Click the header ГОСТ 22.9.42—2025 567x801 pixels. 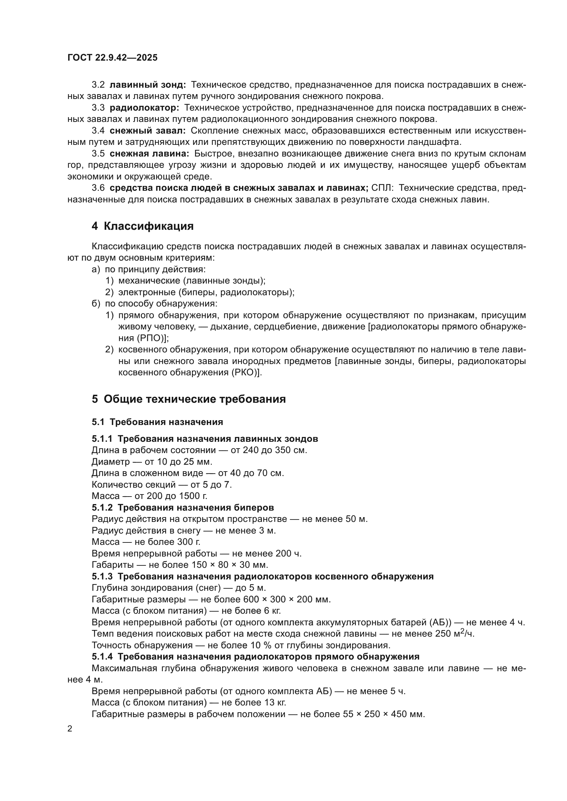click(x=112, y=58)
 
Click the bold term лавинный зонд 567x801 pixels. click(x=147, y=85)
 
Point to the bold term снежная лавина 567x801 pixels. click(x=149, y=153)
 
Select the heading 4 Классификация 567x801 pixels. click(x=143, y=226)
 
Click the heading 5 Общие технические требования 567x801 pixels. click(x=189, y=399)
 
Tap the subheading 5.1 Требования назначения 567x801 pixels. click(x=157, y=422)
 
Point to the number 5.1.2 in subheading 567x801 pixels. click(x=102, y=507)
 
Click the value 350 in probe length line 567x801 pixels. click(x=283, y=450)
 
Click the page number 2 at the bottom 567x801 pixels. click(x=70, y=729)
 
